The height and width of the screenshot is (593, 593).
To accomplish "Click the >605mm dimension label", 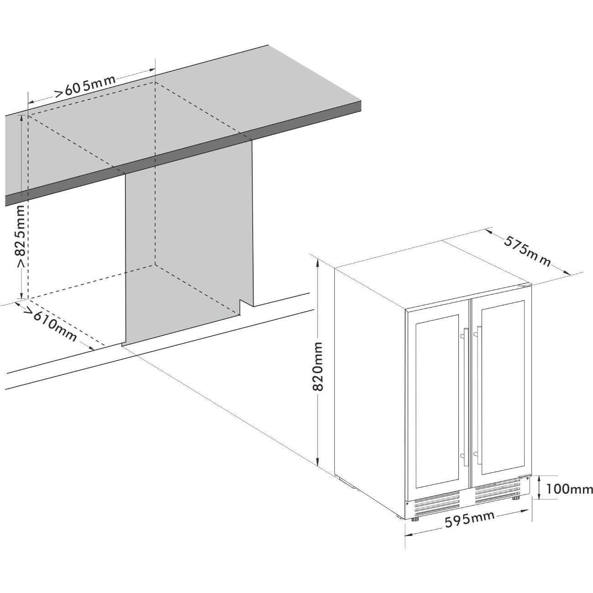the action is pyautogui.click(x=85, y=86).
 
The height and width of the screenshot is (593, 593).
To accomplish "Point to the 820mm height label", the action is pyautogui.click(x=317, y=366).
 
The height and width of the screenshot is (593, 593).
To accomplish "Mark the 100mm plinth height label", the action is pyautogui.click(x=569, y=498).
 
